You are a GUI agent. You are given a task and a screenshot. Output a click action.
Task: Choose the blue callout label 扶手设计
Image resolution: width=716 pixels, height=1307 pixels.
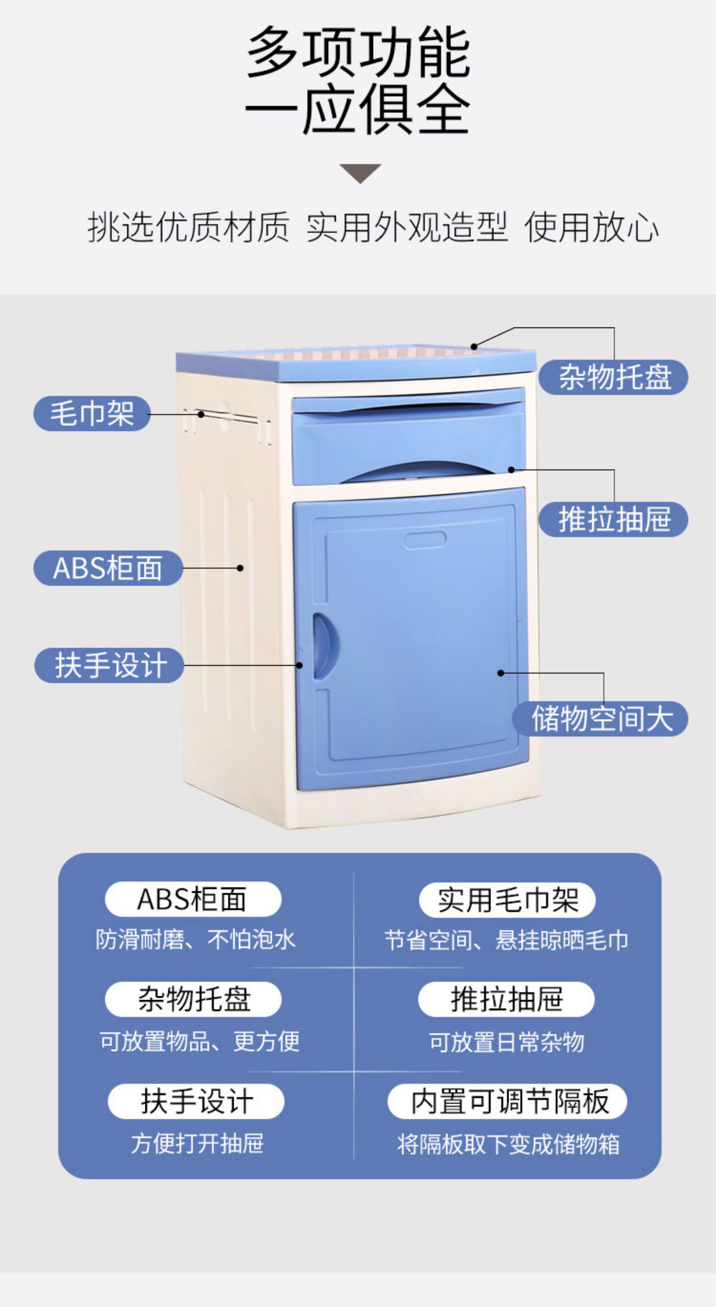[109, 665]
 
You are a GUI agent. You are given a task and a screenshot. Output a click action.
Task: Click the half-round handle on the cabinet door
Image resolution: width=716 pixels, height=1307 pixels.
[321, 646]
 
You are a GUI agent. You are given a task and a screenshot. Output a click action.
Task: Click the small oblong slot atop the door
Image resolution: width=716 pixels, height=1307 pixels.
[425, 540]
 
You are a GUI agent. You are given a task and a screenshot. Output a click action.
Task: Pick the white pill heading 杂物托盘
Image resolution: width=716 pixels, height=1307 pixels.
[193, 999]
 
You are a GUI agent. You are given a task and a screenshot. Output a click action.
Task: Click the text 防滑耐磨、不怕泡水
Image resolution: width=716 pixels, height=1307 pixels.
[195, 940]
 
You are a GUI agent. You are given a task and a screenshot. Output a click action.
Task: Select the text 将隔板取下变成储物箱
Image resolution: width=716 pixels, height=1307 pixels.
[508, 1144]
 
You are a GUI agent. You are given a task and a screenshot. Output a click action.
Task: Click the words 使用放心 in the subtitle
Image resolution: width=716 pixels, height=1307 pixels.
[591, 227]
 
